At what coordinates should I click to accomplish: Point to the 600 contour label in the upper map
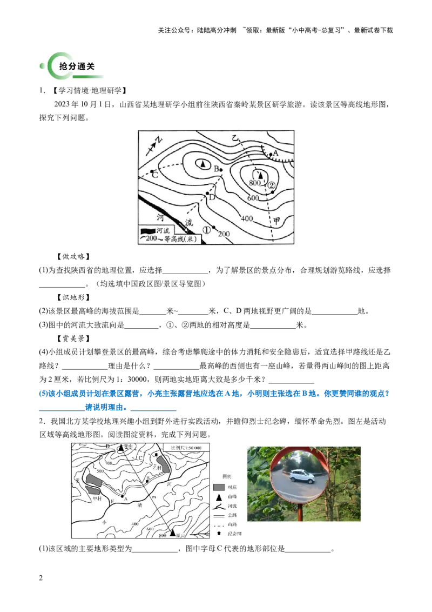253,198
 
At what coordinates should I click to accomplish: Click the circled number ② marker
272,185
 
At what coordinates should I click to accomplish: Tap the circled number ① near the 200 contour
206,230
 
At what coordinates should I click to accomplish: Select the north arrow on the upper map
155,143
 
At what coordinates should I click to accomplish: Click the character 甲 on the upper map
277,221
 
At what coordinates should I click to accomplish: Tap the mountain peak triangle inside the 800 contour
260,175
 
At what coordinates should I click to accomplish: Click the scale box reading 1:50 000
186,448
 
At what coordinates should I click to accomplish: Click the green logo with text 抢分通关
71,65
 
